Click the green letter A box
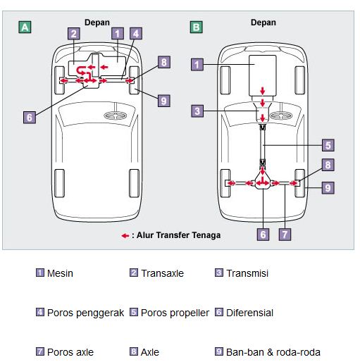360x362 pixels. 25,27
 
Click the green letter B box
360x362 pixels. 196,27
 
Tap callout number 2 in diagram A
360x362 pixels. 74,34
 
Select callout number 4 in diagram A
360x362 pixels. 136,34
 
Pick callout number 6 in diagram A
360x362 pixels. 30,117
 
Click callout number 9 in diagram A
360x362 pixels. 163,101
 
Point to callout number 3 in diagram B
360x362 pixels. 197,111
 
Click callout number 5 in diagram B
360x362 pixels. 328,145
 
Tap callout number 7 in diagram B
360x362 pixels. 285,235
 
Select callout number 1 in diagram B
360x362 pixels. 197,64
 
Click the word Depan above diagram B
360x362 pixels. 263,23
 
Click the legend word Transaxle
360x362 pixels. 162,273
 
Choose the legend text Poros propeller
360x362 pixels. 175,313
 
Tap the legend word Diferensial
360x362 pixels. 249,313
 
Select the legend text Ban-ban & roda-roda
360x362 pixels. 273,352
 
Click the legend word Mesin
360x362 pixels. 60,273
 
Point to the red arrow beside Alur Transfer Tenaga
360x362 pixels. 125,235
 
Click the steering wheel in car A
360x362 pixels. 116,116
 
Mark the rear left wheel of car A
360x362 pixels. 59,183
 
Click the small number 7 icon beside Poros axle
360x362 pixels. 40,351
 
